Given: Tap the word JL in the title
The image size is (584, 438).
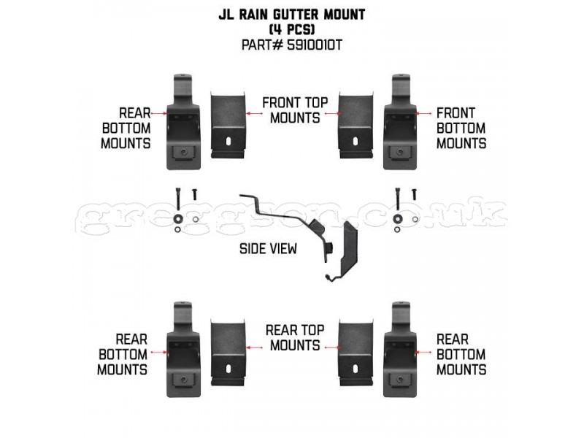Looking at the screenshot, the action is click(226, 15).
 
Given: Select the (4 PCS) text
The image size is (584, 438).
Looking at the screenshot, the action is click(292, 30).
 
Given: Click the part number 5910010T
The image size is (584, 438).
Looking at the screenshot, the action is click(315, 45).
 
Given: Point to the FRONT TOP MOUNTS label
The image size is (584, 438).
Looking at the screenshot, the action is click(295, 110).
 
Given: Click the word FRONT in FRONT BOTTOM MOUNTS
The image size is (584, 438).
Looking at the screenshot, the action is click(456, 113).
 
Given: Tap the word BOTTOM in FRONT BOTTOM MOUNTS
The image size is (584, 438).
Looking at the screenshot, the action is click(461, 128).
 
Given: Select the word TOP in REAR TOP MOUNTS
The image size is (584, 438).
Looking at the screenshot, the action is click(312, 330).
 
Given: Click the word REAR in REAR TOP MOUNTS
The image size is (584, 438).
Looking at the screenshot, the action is click(280, 330).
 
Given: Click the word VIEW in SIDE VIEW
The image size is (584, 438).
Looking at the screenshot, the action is click(283, 248).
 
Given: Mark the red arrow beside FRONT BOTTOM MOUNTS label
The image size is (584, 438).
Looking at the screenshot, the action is click(424, 113).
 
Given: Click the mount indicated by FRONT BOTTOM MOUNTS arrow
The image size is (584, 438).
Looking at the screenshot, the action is click(400, 122).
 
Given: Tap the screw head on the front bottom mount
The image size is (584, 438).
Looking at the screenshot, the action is click(400, 153).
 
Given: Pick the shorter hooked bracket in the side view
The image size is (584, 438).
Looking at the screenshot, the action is click(342, 251).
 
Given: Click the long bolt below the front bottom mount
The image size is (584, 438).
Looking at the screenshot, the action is click(398, 197).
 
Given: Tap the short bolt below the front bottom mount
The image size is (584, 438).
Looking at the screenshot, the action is click(414, 194).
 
